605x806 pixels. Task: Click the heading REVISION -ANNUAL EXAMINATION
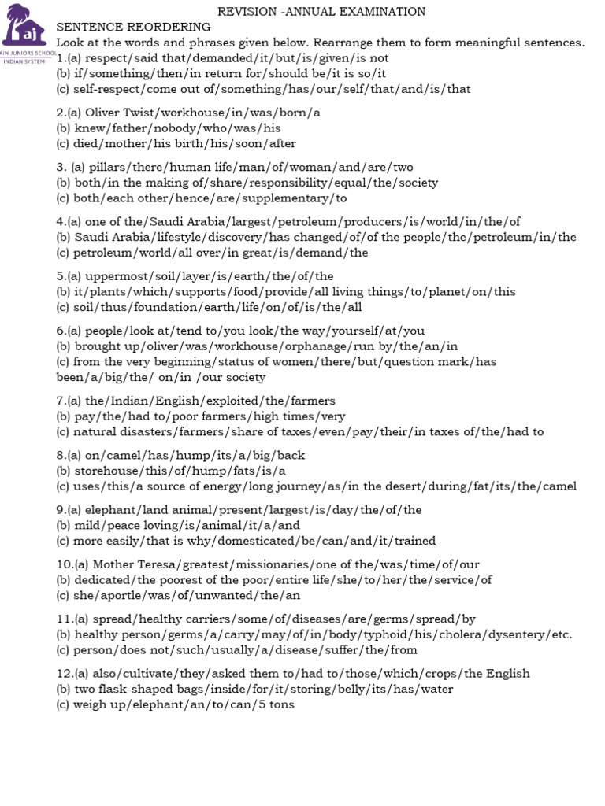pos(321,12)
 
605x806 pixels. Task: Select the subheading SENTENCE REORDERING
pos(134,27)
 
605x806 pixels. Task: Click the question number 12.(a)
pos(72,674)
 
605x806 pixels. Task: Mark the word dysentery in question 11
pos(516,634)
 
